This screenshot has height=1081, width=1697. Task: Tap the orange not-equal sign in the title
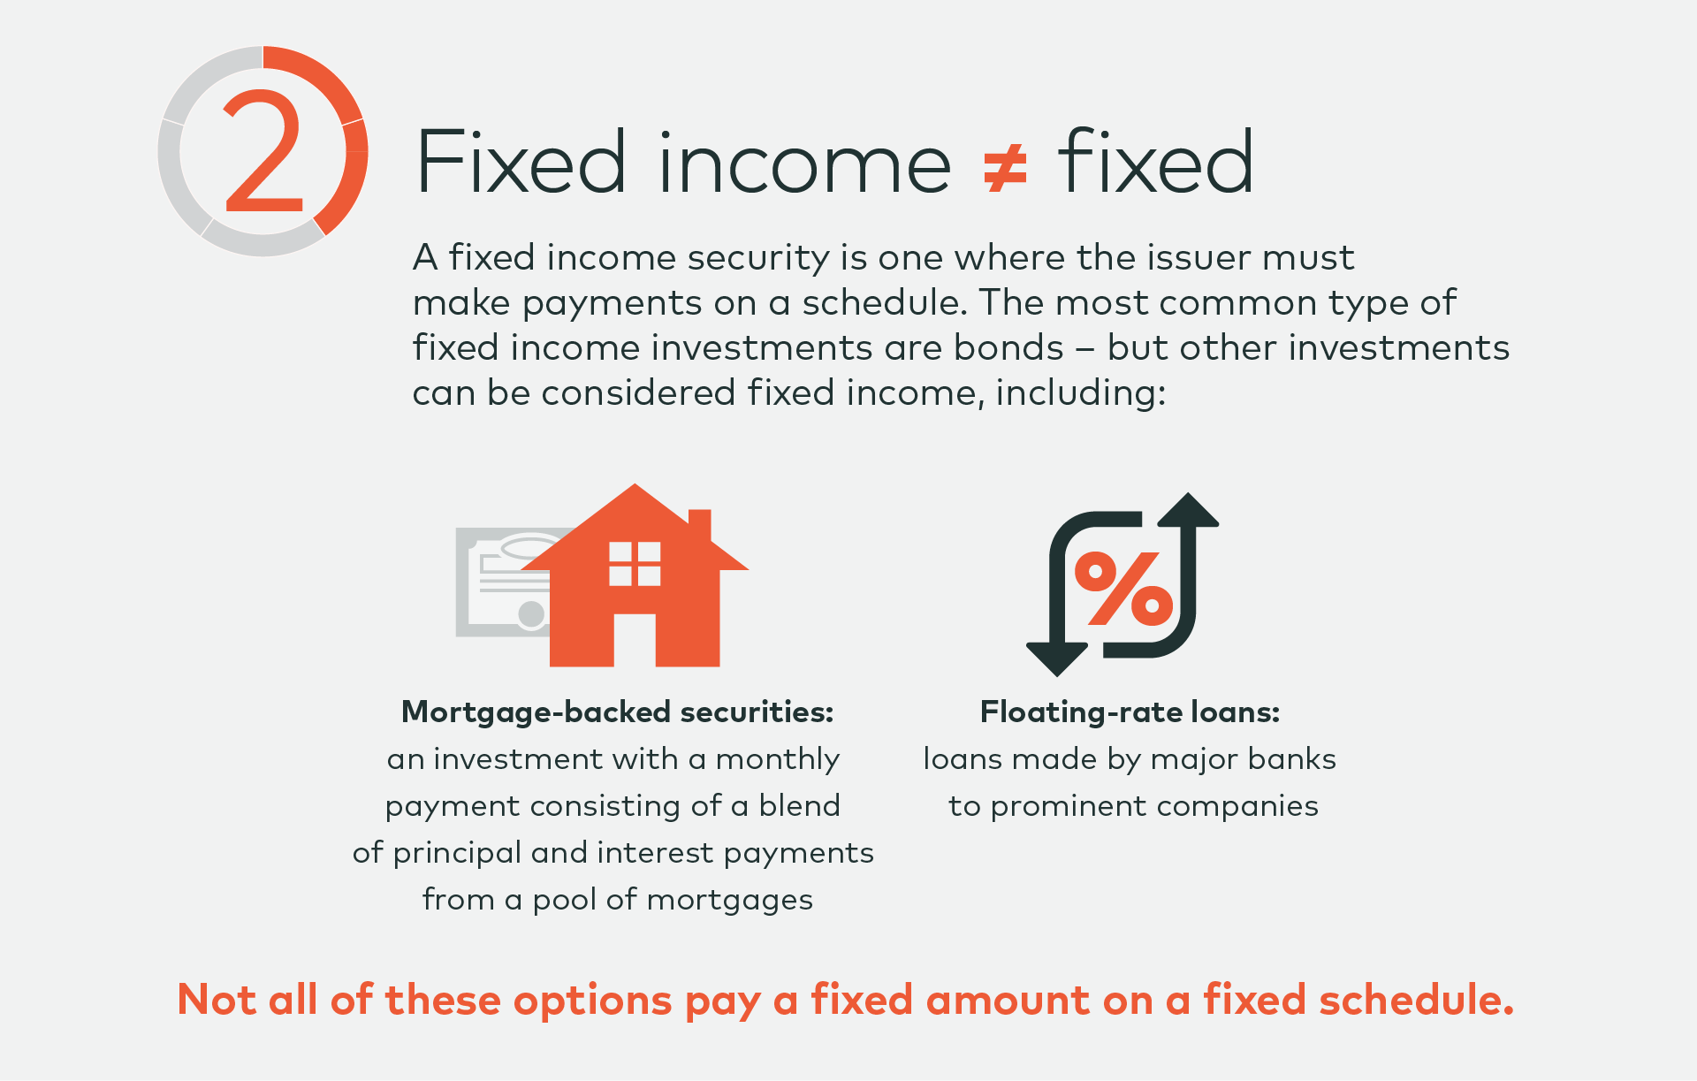[1005, 168]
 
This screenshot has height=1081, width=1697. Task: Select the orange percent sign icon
[1123, 589]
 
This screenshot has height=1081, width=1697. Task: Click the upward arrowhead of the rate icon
[1189, 510]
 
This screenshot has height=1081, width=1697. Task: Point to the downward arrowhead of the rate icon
[1057, 659]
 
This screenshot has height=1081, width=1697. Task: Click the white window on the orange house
[635, 564]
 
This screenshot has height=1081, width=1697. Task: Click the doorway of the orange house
[634, 640]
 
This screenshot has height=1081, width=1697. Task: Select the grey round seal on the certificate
[531, 614]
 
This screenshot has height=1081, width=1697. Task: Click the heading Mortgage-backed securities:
[617, 712]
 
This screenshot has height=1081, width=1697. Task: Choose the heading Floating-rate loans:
[1130, 712]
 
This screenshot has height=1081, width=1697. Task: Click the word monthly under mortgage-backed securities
[777, 760]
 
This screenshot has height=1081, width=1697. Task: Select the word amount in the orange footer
[1008, 1000]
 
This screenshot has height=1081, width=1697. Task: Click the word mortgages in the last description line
[729, 901]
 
